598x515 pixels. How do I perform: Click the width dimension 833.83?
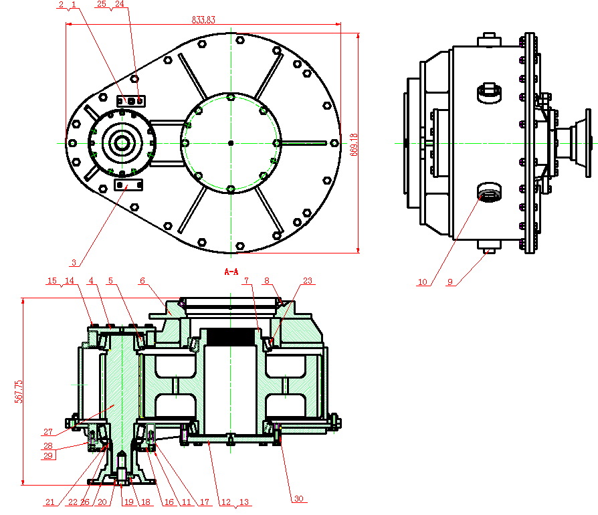[203, 20]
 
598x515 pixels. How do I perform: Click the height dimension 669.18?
[354, 144]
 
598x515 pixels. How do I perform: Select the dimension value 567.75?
[19, 391]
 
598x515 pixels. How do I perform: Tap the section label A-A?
[231, 272]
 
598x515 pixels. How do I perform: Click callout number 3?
[74, 262]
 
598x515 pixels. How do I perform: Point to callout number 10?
[423, 282]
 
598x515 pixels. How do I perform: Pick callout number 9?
[450, 282]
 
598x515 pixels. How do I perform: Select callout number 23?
[308, 280]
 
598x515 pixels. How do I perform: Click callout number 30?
[299, 498]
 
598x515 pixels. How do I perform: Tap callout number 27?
[48, 431]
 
